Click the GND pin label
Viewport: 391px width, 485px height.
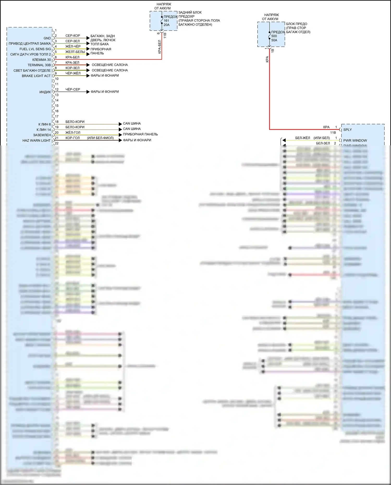[47, 38]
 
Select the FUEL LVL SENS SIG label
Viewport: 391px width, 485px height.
[35, 49]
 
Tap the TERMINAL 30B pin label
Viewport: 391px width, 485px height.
[39, 65]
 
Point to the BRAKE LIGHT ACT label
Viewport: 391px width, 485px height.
[36, 76]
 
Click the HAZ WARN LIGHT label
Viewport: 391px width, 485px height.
[36, 140]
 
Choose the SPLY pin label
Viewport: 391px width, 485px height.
[347, 130]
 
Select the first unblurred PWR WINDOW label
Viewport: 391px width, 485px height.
[355, 140]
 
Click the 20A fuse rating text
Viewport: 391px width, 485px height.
[167, 25]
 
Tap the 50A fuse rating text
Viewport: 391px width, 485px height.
[274, 40]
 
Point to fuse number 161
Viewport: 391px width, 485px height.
[166, 21]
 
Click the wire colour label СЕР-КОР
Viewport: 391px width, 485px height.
[73, 36]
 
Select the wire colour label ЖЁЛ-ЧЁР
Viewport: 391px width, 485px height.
[73, 46]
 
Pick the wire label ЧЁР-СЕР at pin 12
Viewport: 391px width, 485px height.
[73, 89]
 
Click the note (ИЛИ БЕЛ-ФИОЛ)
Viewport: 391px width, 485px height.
[100, 138]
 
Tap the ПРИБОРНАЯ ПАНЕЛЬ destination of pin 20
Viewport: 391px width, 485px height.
[140, 134]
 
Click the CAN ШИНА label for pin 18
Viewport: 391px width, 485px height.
[132, 124]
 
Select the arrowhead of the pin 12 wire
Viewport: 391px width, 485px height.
[88, 92]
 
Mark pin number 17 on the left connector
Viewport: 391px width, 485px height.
[57, 116]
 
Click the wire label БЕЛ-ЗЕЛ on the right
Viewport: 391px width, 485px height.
[323, 143]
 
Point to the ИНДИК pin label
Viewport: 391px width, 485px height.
[45, 92]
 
